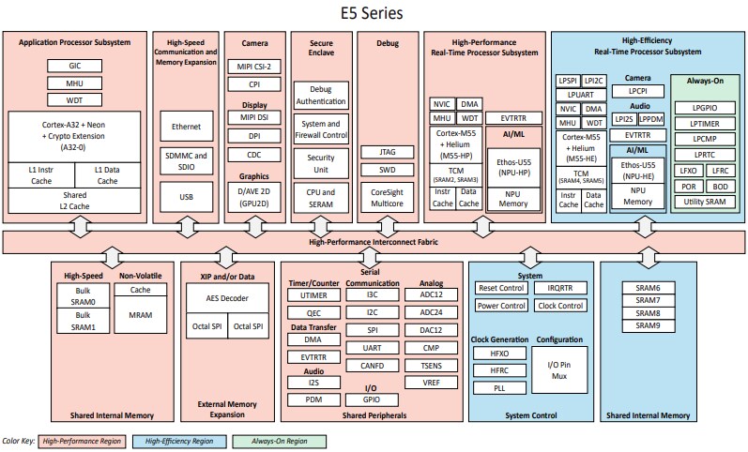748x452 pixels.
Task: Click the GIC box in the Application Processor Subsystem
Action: click(x=75, y=67)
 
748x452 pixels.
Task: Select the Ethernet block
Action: click(x=186, y=126)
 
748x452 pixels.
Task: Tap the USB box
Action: click(x=186, y=198)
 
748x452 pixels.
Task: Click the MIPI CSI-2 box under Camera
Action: click(x=253, y=68)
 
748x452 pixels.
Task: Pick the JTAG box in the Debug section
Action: click(x=387, y=151)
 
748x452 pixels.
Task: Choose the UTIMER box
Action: click(x=313, y=295)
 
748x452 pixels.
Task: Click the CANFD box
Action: click(x=373, y=367)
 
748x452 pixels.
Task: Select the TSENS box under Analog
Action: click(x=432, y=365)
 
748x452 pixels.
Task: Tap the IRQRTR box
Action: click(x=560, y=288)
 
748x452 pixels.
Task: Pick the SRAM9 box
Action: click(x=648, y=325)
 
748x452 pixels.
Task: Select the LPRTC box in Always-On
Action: click(x=705, y=153)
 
